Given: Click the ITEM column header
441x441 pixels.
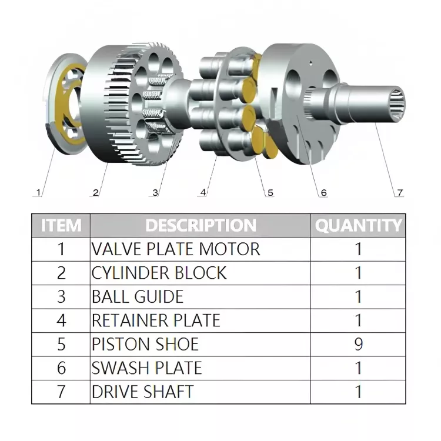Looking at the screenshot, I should (x=61, y=225).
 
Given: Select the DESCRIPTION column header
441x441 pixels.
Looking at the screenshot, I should (x=201, y=225).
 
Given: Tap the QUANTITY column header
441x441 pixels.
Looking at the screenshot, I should (x=359, y=225).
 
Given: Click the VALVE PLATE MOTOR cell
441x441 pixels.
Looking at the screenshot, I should (x=176, y=249).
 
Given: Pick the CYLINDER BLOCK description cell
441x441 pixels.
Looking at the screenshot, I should (x=159, y=273).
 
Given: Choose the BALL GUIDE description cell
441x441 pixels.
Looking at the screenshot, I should (x=138, y=296).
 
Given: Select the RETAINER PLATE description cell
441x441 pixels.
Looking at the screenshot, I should (x=156, y=320).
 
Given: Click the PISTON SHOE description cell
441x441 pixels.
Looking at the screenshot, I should (x=145, y=344).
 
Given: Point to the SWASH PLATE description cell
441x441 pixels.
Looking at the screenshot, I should (x=147, y=368).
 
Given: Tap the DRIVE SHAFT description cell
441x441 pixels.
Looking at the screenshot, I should (x=143, y=392).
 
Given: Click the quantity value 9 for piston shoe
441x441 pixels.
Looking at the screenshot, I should (x=359, y=344).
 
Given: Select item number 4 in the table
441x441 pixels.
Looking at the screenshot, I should (x=61, y=320).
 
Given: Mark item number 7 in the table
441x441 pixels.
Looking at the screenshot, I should (x=61, y=392).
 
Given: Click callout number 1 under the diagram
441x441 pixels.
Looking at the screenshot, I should (x=39, y=192).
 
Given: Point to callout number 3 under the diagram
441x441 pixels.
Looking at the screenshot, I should (x=155, y=192).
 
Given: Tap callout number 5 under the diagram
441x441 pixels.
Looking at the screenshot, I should (x=270, y=192).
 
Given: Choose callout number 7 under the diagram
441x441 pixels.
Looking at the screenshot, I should (x=399, y=192).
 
